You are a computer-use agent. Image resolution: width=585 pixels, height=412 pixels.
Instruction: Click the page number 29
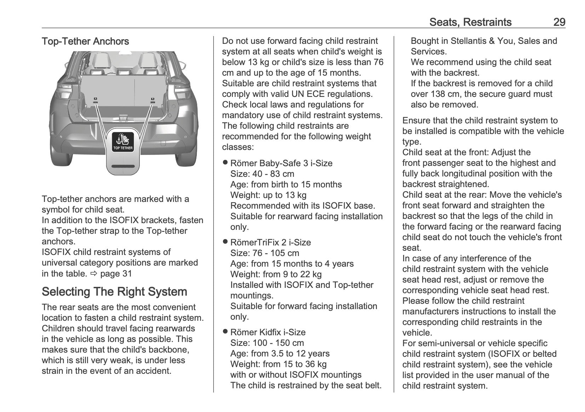559,22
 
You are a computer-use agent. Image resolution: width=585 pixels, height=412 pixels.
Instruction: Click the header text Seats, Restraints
470,22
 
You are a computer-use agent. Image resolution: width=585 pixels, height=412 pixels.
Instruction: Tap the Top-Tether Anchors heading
85,41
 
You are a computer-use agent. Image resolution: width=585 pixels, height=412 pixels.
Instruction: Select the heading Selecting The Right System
114,292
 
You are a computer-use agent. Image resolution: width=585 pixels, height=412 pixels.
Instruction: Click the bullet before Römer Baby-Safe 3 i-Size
225,163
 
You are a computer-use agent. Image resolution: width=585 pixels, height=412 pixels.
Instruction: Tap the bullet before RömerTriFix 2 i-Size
225,242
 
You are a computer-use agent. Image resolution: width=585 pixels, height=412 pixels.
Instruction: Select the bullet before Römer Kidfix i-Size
225,332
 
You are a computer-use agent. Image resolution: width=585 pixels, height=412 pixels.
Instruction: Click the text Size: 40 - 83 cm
262,174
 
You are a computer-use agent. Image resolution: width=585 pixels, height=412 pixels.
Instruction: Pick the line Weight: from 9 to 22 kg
276,274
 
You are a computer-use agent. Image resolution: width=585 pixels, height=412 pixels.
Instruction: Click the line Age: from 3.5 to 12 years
280,354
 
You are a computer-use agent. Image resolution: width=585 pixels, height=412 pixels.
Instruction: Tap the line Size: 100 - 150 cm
267,343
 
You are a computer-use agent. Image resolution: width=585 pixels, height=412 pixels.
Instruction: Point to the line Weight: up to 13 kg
268,195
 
